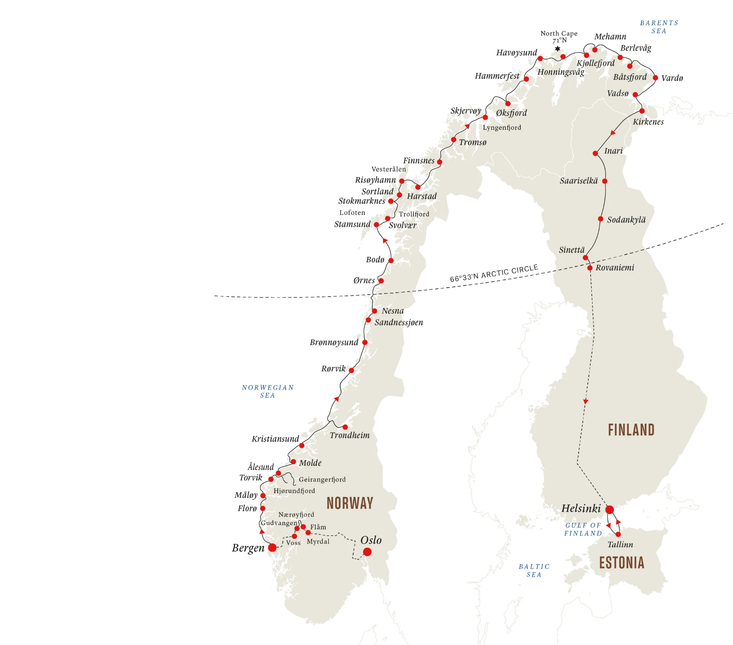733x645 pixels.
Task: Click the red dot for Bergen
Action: (x=272, y=548)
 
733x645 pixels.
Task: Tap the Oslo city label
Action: (x=371, y=540)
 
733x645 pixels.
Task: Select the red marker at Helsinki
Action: (x=610, y=510)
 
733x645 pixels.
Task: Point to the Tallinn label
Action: (x=620, y=545)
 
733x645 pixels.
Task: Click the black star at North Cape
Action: (x=558, y=48)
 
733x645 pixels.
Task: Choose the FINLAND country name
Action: (x=631, y=430)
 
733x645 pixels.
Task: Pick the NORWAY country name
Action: (x=350, y=503)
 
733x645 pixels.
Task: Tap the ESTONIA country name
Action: (x=622, y=563)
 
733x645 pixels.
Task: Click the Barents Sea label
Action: (x=659, y=27)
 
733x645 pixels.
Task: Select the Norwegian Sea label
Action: (x=268, y=392)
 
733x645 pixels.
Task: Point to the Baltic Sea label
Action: (x=534, y=571)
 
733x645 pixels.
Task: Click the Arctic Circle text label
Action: (x=494, y=273)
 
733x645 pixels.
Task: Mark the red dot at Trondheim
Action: (x=345, y=427)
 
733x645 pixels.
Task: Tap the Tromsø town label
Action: (x=473, y=142)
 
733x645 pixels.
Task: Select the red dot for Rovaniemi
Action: (x=590, y=268)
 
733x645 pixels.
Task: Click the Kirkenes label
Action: (x=648, y=122)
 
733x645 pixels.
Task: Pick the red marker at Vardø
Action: (x=656, y=78)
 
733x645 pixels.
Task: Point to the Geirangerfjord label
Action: (x=322, y=479)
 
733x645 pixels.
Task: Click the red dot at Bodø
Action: (x=391, y=261)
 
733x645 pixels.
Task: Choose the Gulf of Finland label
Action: (x=583, y=529)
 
